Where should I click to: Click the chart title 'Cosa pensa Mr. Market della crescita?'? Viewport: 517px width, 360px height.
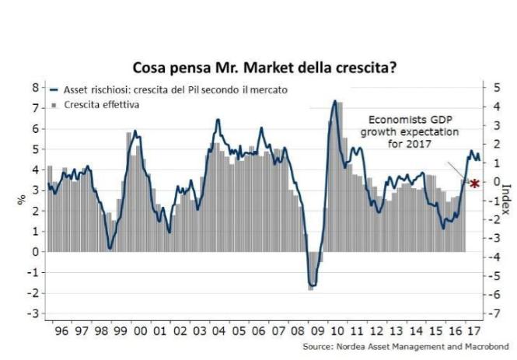(x=264, y=68)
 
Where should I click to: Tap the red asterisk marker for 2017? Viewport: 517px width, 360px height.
(x=473, y=183)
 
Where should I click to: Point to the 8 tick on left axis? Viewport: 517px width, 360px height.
(x=35, y=87)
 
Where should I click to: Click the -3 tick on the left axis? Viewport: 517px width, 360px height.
(x=33, y=313)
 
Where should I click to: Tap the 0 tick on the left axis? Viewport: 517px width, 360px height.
(x=35, y=252)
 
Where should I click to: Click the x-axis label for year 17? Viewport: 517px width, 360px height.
(x=471, y=330)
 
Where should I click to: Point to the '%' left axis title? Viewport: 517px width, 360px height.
(x=21, y=200)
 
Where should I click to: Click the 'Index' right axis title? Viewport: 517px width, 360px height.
(x=506, y=200)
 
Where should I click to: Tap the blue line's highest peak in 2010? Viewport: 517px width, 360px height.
(x=334, y=100)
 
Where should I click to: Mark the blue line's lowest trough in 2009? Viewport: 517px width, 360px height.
(x=313, y=285)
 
